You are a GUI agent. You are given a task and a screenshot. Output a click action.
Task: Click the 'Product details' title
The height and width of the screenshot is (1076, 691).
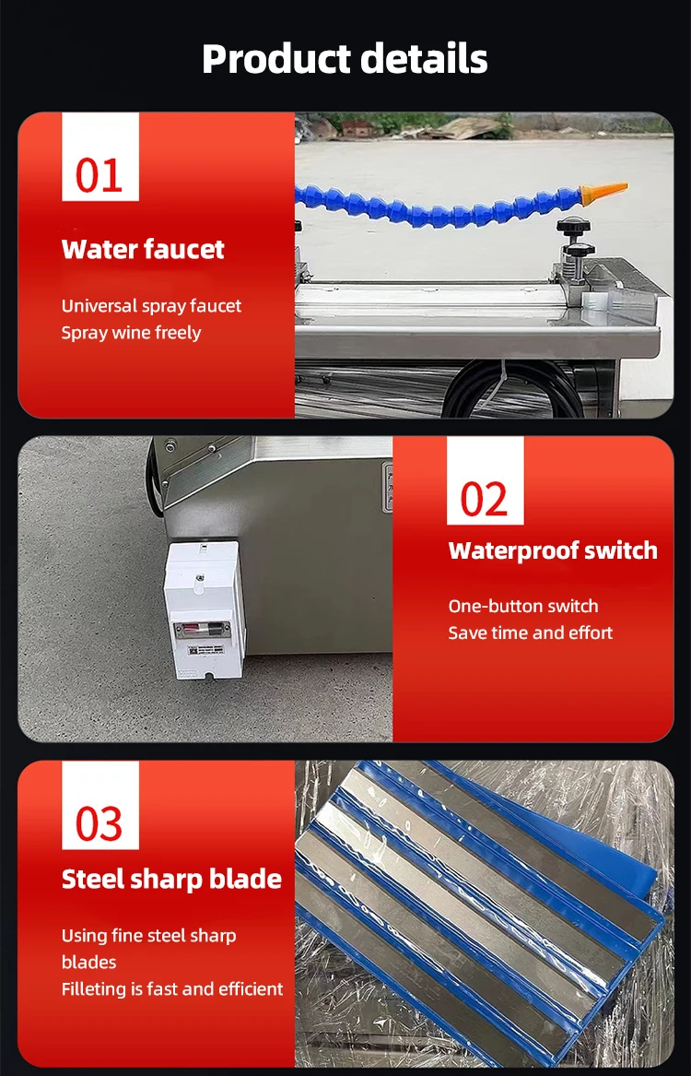click(345, 59)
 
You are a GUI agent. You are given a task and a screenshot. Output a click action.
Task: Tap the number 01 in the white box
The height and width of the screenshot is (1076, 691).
click(100, 174)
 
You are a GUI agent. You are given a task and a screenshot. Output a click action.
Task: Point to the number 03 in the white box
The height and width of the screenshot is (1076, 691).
click(100, 823)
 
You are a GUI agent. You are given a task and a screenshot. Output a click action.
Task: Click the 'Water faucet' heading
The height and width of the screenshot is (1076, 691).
click(143, 250)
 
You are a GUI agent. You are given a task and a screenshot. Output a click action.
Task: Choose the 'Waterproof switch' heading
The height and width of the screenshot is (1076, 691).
click(553, 551)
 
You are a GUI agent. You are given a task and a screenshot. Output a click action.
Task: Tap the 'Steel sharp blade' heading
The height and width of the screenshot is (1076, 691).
click(171, 880)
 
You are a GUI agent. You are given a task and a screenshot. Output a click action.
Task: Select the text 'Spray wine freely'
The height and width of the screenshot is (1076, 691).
click(131, 333)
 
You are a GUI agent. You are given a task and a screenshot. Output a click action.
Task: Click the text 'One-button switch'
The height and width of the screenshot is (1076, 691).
click(523, 606)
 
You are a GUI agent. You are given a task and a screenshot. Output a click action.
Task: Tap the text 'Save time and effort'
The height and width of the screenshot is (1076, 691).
click(531, 633)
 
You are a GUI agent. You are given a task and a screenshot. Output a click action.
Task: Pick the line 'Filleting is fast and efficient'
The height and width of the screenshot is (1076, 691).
click(172, 988)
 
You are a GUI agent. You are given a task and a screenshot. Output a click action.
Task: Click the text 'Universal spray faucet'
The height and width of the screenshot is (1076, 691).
click(152, 306)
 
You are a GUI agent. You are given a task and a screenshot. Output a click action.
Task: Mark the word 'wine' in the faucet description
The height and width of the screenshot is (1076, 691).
click(132, 333)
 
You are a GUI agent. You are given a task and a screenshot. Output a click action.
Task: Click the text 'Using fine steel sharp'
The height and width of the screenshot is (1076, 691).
click(149, 936)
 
